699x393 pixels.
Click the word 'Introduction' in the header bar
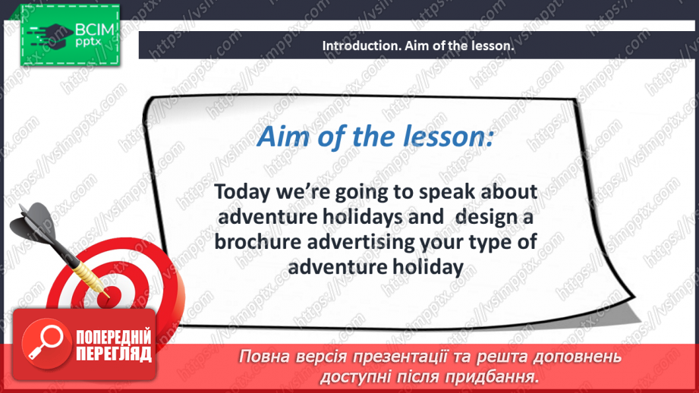pyautogui.click(x=358, y=46)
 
